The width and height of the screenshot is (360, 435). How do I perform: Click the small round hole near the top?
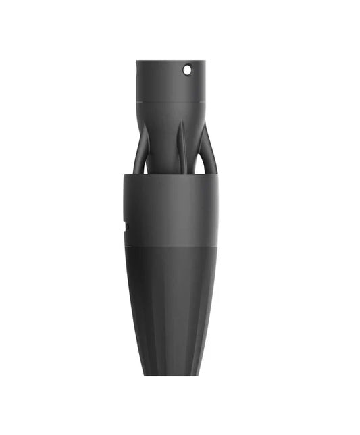click(x=187, y=69)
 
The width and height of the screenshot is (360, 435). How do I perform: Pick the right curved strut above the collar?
click(x=206, y=150)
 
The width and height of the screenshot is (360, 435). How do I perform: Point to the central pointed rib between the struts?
click(x=180, y=145)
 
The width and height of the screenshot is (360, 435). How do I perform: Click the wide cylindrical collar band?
click(x=170, y=209)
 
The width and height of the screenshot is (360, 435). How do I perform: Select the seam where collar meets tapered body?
click(x=170, y=245)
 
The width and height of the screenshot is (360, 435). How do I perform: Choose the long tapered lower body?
click(x=170, y=304)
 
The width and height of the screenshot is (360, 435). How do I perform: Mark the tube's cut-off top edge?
click(x=170, y=61)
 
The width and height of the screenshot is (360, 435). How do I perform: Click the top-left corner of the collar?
click(x=124, y=176)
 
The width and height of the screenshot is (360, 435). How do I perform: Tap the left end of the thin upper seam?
click(x=137, y=101)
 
